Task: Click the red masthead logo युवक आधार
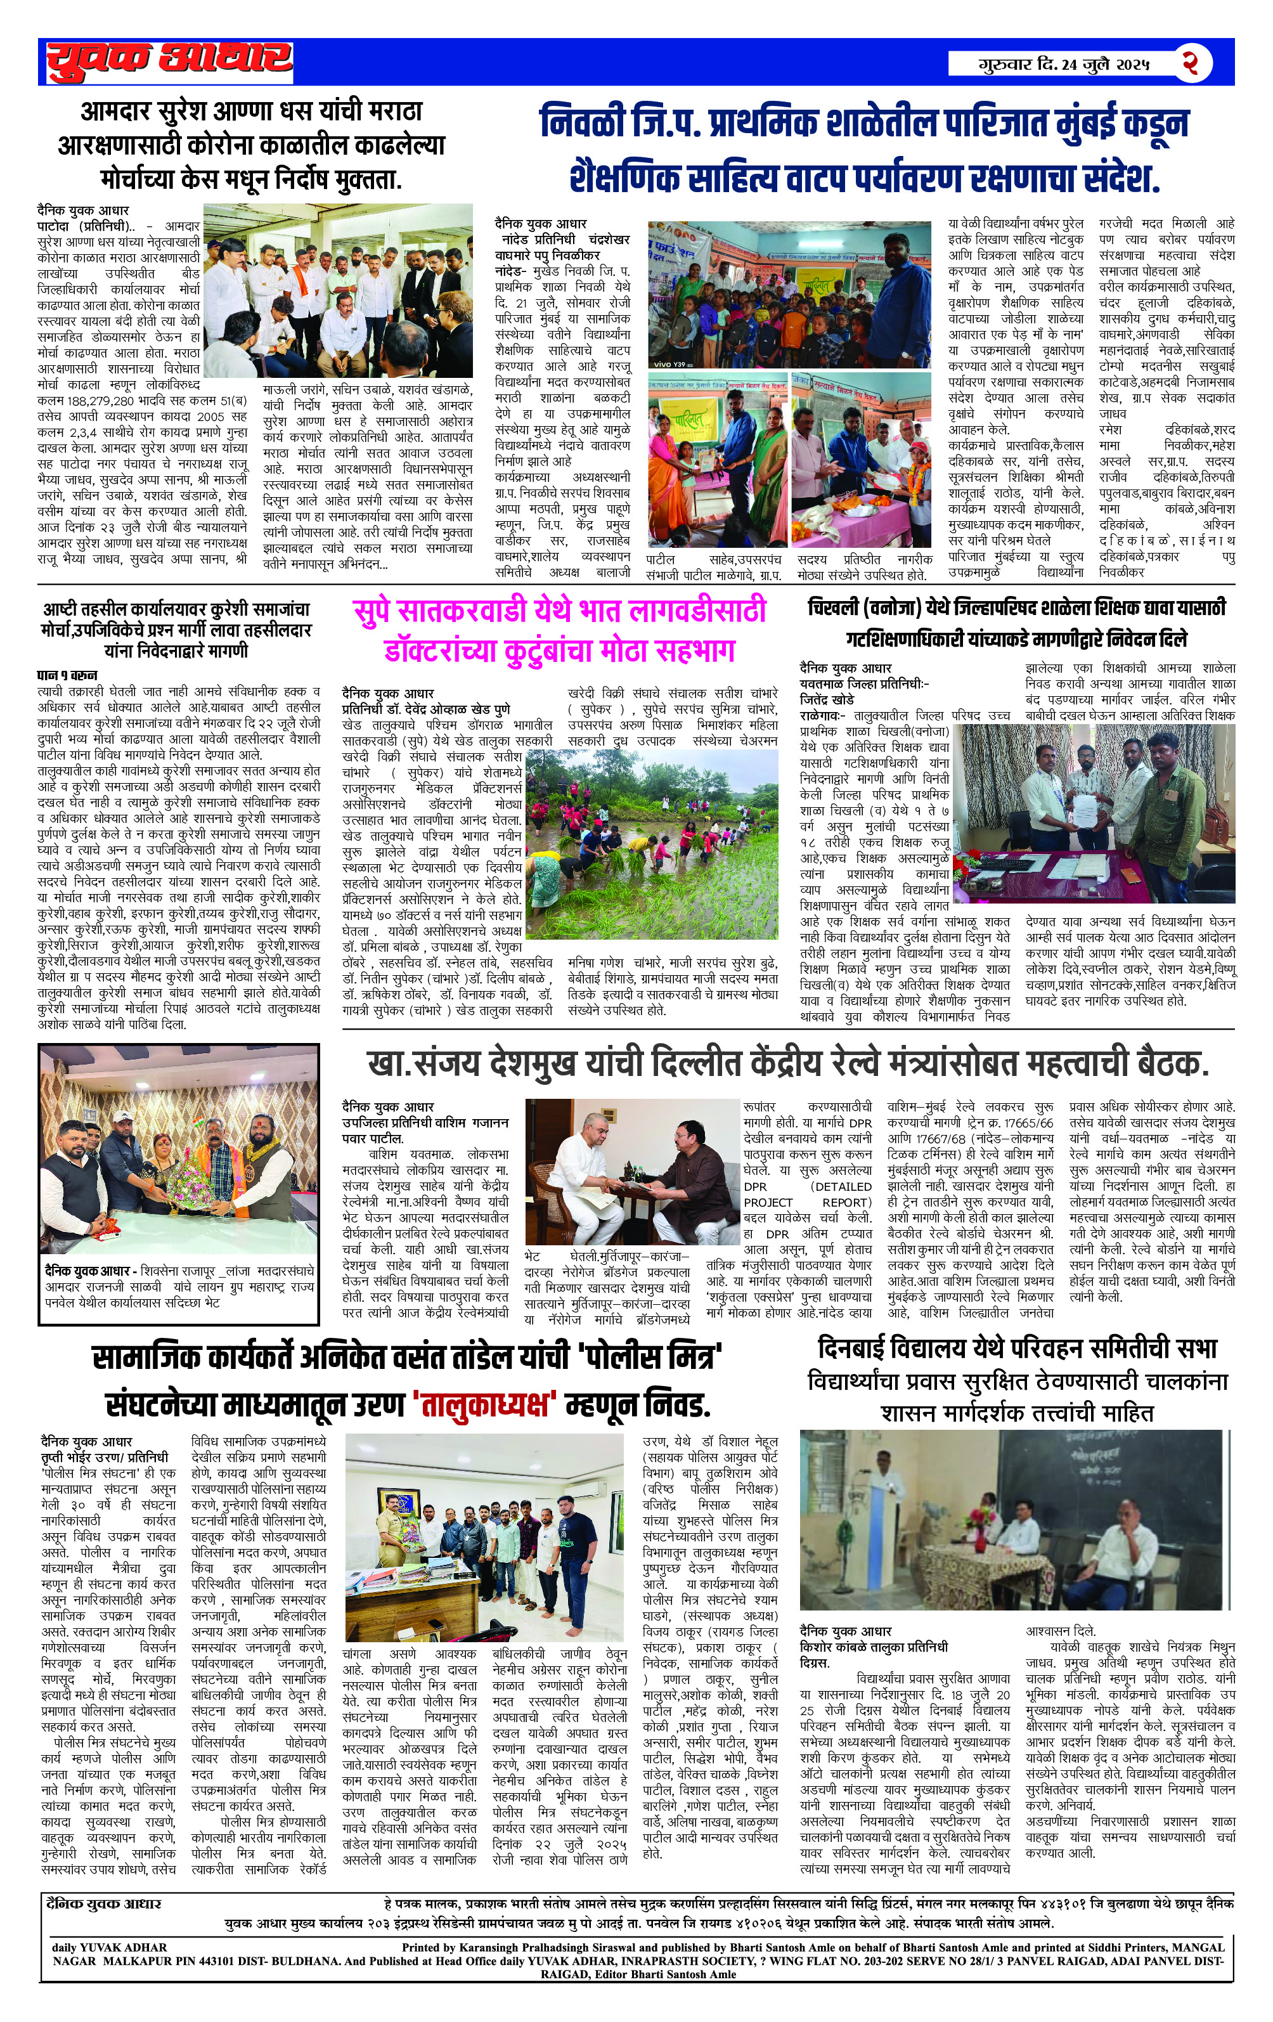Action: (169, 60)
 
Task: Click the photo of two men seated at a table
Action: (630, 1170)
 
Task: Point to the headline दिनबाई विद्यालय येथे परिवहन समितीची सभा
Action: (1017, 1349)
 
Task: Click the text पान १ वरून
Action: (67, 674)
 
